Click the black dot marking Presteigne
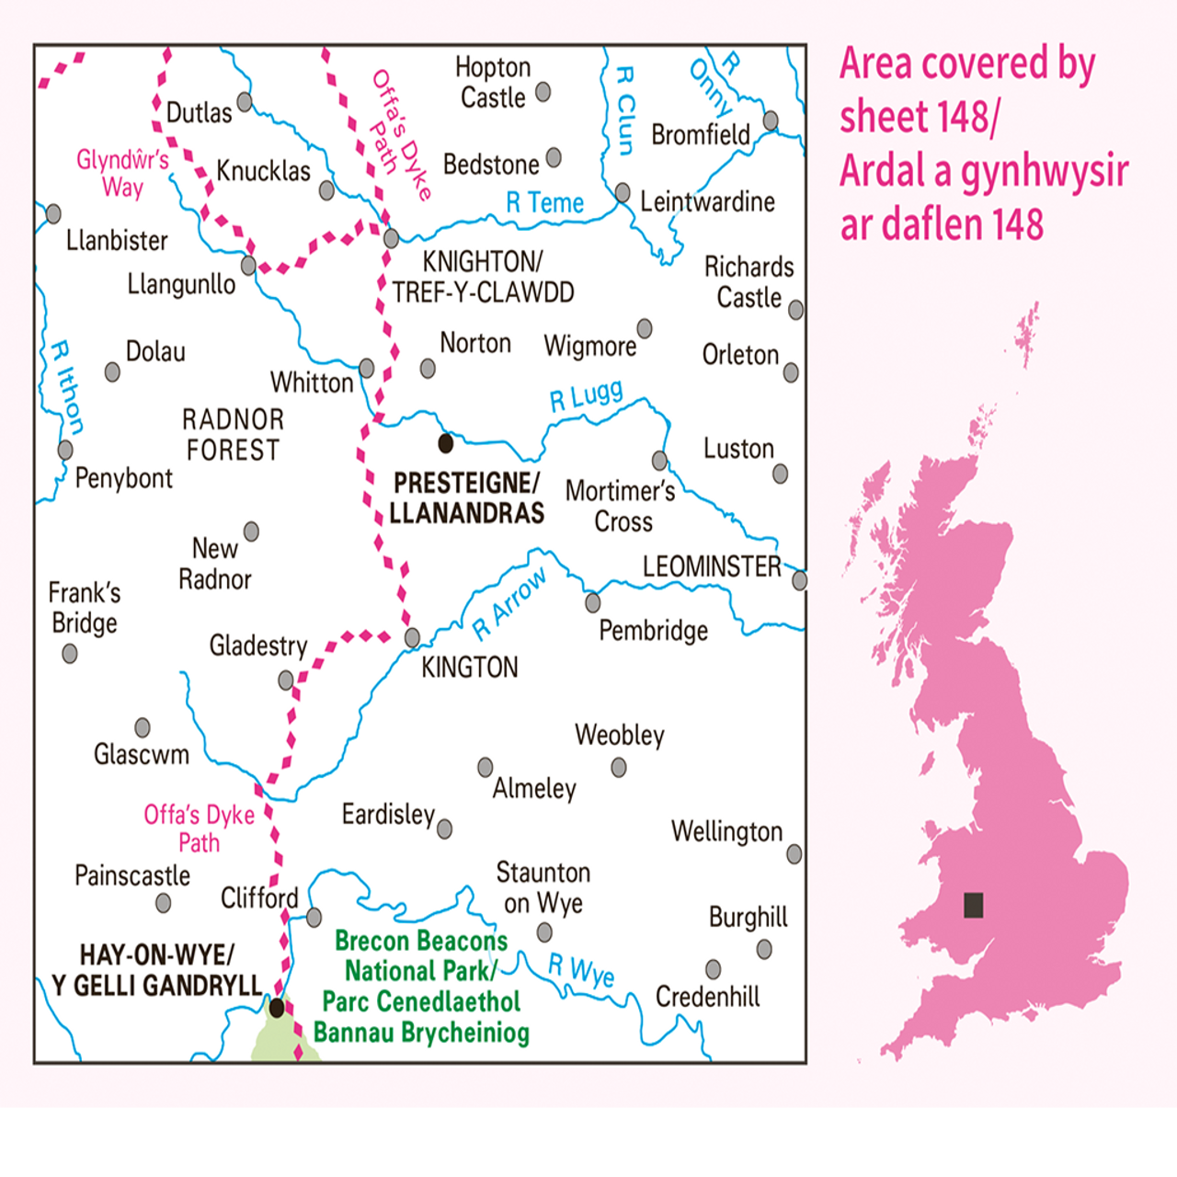click(446, 443)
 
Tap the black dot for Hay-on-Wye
click(277, 1009)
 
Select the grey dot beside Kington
click(413, 637)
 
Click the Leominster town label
click(711, 566)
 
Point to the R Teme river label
click(544, 202)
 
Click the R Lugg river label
click(586, 396)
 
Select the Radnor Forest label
click(233, 435)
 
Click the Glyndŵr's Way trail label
click(122, 173)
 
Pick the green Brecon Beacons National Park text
click(421, 986)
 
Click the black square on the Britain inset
click(974, 905)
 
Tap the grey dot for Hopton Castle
click(543, 92)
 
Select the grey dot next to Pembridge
click(593, 603)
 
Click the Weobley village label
click(619, 735)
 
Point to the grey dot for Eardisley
click(445, 829)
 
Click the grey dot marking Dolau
click(112, 371)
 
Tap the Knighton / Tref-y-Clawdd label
click(483, 277)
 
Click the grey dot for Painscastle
click(163, 903)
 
